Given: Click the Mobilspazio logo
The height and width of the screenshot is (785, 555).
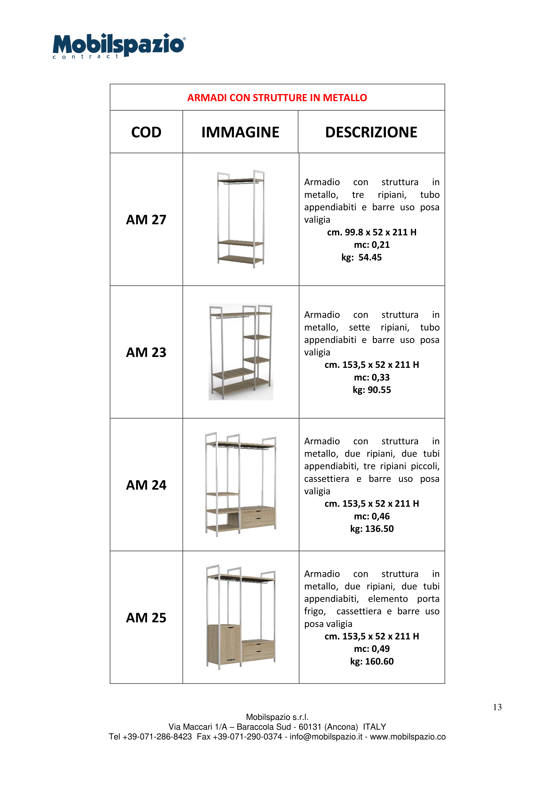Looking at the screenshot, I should pyautogui.click(x=119, y=46).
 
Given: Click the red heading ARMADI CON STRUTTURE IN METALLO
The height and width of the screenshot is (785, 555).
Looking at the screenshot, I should pyautogui.click(x=277, y=98).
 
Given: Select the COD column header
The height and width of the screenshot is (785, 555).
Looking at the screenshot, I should pyautogui.click(x=146, y=132).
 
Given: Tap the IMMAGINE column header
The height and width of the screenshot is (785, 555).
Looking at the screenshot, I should pyautogui.click(x=240, y=132).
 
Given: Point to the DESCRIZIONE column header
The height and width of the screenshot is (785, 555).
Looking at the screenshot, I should pyautogui.click(x=371, y=132).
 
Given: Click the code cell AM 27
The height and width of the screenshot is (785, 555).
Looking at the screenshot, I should pyautogui.click(x=146, y=220).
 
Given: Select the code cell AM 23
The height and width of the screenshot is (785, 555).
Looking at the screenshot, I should pyautogui.click(x=146, y=352).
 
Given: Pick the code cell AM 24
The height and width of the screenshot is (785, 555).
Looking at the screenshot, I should pyautogui.click(x=146, y=485).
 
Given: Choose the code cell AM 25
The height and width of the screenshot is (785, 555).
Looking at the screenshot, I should pyautogui.click(x=146, y=617).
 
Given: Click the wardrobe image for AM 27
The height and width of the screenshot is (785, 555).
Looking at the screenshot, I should pyautogui.click(x=241, y=219).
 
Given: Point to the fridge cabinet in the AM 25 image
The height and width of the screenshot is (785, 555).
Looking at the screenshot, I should pyautogui.click(x=224, y=645).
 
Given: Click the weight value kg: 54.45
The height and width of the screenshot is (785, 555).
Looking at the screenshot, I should pyautogui.click(x=361, y=257).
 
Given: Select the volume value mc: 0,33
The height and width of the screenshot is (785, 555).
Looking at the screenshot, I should pyautogui.click(x=372, y=377).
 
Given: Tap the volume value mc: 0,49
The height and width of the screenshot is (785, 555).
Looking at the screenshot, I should pyautogui.click(x=372, y=649).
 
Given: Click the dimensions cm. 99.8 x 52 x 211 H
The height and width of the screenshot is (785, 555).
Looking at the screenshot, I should pyautogui.click(x=372, y=232).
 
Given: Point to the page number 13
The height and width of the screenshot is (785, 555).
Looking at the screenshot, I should pyautogui.click(x=497, y=707).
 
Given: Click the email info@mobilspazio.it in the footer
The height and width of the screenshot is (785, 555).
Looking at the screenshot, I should pyautogui.click(x=326, y=737).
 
